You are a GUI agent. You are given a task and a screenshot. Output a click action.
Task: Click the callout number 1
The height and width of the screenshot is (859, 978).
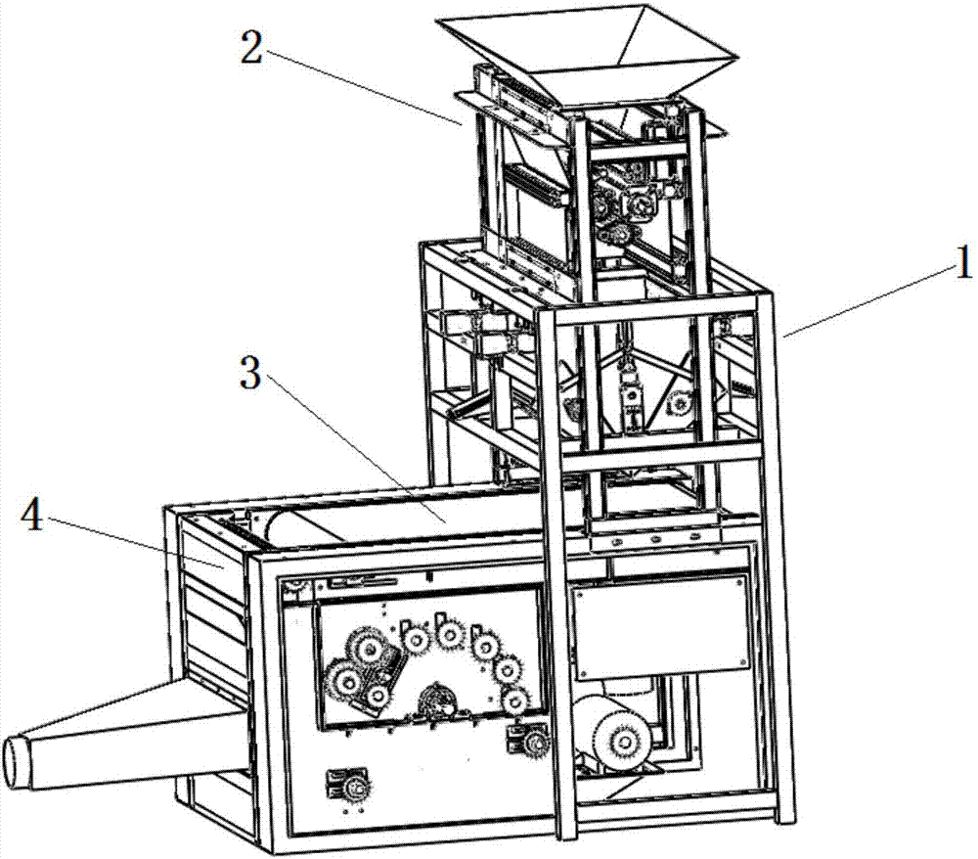click(x=963, y=262)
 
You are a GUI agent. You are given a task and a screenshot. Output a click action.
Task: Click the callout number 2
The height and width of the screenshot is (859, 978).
click(x=252, y=47)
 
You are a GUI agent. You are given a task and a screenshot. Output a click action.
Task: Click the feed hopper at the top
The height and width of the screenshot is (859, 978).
click(x=586, y=60)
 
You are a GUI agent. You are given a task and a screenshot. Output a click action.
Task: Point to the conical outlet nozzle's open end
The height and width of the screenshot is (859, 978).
click(x=18, y=762)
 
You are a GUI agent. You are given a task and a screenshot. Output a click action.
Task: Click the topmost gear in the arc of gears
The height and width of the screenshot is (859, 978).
click(x=449, y=634)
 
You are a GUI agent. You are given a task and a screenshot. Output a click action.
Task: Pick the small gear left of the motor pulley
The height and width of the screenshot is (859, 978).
click(x=535, y=741)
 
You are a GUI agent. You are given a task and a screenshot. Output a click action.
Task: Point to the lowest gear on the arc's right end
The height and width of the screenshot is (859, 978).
click(x=515, y=701)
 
